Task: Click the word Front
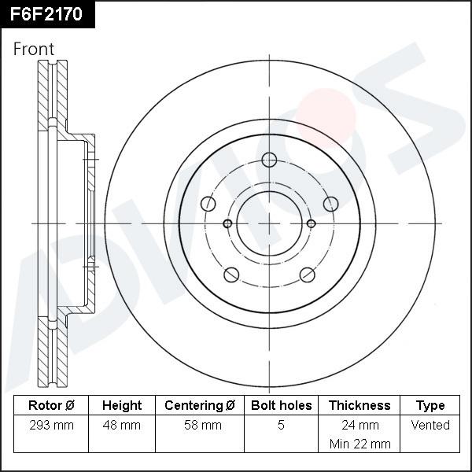(x=34, y=49)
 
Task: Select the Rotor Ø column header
(x=51, y=405)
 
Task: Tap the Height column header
(x=122, y=405)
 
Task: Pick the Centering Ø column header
(x=200, y=405)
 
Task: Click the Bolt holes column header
(x=281, y=405)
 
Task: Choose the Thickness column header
(x=360, y=405)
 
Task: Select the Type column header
(x=430, y=405)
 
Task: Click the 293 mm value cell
(x=51, y=425)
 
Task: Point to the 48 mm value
(x=122, y=425)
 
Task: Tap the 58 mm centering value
(x=200, y=425)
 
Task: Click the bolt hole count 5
(x=281, y=425)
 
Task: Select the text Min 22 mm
(x=360, y=444)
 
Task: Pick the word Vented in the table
(x=430, y=425)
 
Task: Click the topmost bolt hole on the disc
(x=269, y=160)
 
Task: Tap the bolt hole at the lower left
(x=231, y=275)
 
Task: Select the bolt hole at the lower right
(x=307, y=275)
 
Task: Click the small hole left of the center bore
(x=227, y=223)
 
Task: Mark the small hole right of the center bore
(x=312, y=223)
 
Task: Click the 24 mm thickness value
(x=360, y=425)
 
